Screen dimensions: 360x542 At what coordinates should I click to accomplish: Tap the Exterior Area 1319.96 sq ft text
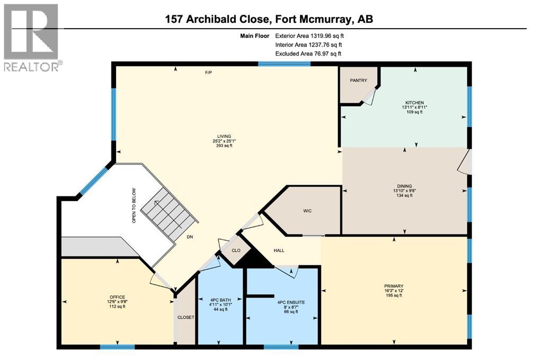tap(313, 36)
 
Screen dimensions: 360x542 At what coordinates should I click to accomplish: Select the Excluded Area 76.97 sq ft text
tap(308, 53)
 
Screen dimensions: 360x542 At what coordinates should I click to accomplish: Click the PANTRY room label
tap(358, 80)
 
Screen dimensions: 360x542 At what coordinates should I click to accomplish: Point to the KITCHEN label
tap(414, 103)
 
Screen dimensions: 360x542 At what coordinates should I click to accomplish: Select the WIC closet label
tap(307, 211)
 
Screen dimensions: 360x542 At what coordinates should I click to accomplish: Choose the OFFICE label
tap(117, 296)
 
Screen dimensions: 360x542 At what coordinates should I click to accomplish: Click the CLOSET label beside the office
tap(185, 317)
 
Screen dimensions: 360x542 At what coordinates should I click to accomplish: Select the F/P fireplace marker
tap(208, 72)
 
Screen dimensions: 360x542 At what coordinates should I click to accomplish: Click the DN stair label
tap(190, 238)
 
